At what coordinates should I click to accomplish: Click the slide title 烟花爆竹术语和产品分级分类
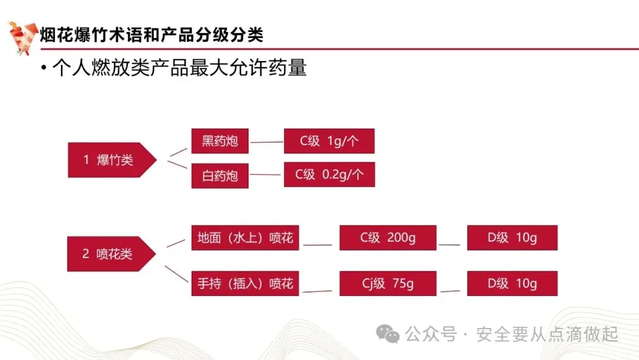pyautogui.click(x=151, y=35)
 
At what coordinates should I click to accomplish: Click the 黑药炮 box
pyautogui.click(x=220, y=141)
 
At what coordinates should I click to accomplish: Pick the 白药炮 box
pyautogui.click(x=220, y=176)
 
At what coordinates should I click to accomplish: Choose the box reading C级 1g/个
pyautogui.click(x=329, y=141)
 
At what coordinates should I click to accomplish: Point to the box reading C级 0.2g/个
pyautogui.click(x=329, y=175)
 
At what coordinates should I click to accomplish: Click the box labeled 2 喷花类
pyautogui.click(x=108, y=254)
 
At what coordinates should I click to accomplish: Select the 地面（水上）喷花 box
pyautogui.click(x=245, y=238)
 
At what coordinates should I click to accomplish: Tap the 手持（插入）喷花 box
pyautogui.click(x=245, y=283)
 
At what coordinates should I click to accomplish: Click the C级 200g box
pyautogui.click(x=388, y=237)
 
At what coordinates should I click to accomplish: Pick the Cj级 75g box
pyautogui.click(x=388, y=283)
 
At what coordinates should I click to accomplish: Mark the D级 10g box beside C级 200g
pyautogui.click(x=512, y=237)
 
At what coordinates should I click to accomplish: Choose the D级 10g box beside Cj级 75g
pyautogui.click(x=512, y=283)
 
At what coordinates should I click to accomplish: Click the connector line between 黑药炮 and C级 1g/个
pyautogui.click(x=266, y=142)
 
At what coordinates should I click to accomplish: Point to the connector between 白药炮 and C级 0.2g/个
pyautogui.click(x=266, y=175)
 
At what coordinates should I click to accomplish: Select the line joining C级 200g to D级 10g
pyautogui.click(x=449, y=244)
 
